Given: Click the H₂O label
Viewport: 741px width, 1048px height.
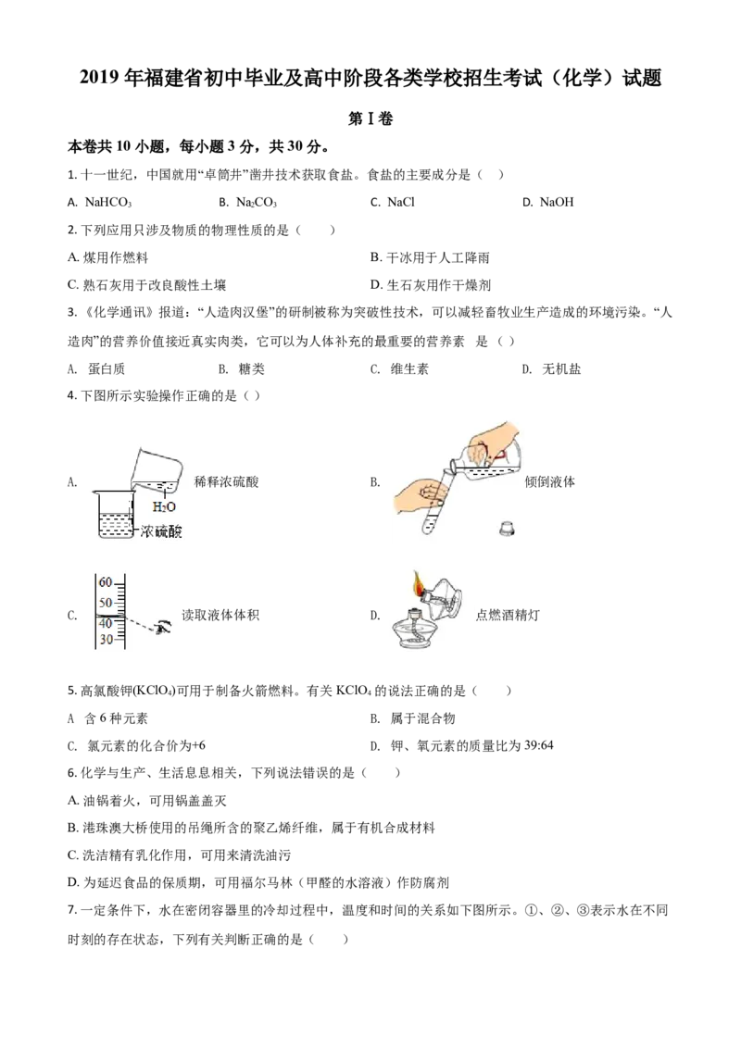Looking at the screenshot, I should [x=164, y=506].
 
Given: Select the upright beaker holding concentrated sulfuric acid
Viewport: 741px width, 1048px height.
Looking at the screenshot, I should [x=115, y=516].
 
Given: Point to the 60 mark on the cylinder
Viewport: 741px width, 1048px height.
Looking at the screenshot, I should [x=106, y=581].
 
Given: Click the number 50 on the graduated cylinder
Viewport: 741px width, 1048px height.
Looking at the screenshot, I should [x=106, y=602].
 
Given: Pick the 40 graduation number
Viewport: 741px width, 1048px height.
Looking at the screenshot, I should [x=106, y=622].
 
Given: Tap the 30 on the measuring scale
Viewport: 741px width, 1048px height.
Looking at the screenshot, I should [x=106, y=640].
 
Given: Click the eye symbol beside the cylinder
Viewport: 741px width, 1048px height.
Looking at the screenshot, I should [x=164, y=629].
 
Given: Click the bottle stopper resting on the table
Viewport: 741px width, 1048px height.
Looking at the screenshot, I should [x=507, y=530].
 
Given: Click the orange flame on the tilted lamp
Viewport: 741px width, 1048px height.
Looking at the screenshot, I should [x=420, y=583].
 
